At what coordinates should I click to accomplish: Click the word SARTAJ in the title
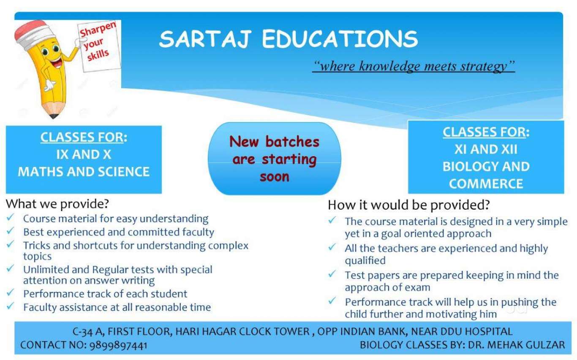(205, 39)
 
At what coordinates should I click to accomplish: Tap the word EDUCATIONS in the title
(340, 39)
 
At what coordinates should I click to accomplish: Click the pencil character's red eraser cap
(31, 31)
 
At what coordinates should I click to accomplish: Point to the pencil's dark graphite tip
(54, 116)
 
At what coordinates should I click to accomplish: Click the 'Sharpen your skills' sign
(99, 45)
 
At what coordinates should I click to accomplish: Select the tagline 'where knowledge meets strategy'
(414, 66)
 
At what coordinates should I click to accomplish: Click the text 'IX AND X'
(84, 154)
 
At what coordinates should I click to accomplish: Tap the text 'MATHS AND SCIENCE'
(84, 172)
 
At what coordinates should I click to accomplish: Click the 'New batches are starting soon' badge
(275, 159)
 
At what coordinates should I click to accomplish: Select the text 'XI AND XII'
(486, 149)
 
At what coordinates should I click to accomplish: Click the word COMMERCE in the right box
(486, 184)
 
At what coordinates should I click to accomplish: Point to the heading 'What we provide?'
(57, 204)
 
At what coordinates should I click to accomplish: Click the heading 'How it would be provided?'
(409, 205)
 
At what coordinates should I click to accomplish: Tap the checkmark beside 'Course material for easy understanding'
(10, 218)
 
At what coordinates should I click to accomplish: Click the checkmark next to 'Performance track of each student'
(10, 292)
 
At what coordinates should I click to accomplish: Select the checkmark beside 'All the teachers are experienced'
(332, 247)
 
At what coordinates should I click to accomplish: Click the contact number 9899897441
(118, 345)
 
